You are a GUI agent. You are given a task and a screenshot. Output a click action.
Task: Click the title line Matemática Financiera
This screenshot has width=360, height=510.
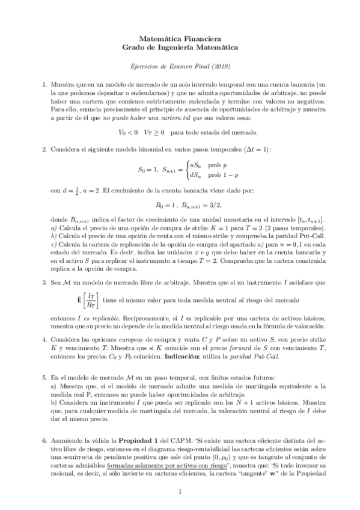tap(180, 38)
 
